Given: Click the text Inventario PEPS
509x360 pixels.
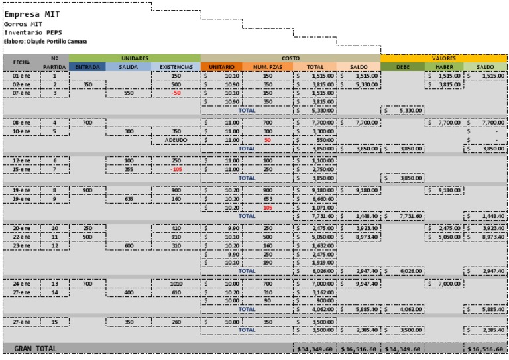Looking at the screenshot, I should (28, 32).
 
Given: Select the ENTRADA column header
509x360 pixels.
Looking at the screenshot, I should (87, 67).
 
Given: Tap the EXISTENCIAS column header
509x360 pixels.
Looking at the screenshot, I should (176, 67).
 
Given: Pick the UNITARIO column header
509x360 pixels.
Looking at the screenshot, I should (221, 67).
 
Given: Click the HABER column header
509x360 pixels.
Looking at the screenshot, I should (443, 67).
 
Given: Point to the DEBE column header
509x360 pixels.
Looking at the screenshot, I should (402, 67).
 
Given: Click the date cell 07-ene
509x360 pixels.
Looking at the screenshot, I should (21, 93).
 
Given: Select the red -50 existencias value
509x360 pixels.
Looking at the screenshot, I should (176, 93).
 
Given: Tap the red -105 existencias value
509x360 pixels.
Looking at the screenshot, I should (176, 169).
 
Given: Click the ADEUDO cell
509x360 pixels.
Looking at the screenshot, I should (176, 141).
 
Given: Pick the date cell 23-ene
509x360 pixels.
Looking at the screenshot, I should (21, 245).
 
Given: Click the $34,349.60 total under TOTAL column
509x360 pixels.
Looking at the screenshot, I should (315, 348).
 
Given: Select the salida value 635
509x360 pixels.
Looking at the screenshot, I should (129, 198).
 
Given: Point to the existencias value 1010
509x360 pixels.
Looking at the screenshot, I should (176, 283).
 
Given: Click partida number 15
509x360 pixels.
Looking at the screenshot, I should (55, 321).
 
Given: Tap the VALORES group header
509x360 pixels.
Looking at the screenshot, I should (443, 58).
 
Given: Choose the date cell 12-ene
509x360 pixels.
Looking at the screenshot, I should (21, 160).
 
